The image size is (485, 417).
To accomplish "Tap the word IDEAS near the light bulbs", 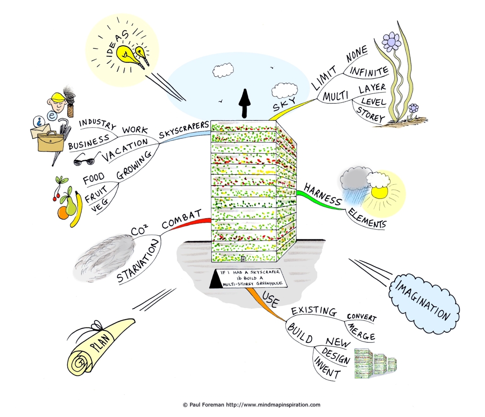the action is pos(118,44).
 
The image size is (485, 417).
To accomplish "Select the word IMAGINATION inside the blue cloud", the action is pos(423,300).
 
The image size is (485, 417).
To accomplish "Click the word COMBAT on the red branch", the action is pos(182,219).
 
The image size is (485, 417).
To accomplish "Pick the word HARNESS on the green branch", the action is pos(323,194).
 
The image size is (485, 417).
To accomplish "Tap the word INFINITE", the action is pos(369,71).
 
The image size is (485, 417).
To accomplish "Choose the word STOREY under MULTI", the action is pos(370,114).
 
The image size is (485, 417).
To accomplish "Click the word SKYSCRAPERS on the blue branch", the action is pos(184,130).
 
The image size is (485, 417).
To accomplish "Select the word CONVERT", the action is pos(362,317).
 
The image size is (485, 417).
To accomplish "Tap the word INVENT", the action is pos(327,368).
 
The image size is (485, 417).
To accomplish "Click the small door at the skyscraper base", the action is pos(243,259).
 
